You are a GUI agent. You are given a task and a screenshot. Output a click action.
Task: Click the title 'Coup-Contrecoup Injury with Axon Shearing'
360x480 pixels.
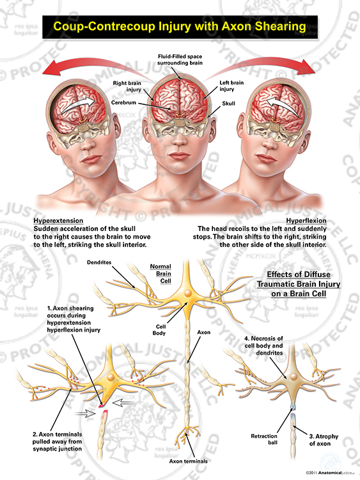180,26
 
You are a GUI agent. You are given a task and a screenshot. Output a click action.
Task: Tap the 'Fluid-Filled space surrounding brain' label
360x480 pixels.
180,60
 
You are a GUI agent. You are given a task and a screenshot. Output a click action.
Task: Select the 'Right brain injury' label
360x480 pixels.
127,86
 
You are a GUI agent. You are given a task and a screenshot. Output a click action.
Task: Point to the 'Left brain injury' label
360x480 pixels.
231,86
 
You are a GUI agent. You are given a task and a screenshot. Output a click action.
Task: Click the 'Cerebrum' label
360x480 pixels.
123,102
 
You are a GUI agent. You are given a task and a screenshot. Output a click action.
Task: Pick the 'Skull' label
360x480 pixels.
228,104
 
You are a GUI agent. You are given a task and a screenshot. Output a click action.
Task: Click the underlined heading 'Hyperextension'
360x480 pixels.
58,221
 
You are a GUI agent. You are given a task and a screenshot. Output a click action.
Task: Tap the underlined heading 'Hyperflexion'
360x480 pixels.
306,221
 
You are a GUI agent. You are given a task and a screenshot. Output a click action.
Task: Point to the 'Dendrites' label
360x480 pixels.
99,262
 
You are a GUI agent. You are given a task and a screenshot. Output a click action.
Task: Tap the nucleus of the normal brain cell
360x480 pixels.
188,293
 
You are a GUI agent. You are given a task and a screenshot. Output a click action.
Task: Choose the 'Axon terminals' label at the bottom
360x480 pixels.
189,461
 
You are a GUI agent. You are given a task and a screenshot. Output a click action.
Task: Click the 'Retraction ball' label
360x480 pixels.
264,439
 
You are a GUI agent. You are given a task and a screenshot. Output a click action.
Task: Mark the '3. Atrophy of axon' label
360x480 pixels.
324,440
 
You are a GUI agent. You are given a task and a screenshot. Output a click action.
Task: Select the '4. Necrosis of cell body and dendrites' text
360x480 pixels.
263,346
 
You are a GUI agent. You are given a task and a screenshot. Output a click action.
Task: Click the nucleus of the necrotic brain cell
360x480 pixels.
293,376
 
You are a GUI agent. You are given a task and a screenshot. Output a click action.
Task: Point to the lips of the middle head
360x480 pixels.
180,156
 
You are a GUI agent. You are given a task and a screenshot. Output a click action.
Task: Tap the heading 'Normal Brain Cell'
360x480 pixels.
160,274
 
